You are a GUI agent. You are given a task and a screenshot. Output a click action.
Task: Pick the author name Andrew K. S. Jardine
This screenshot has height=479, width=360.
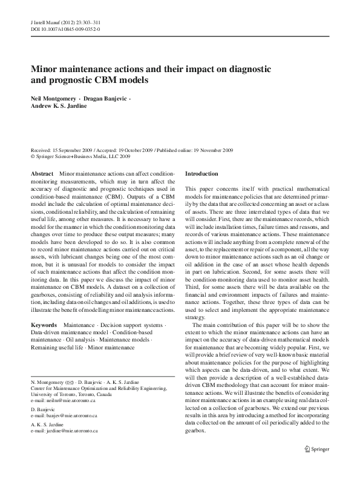point(59,105)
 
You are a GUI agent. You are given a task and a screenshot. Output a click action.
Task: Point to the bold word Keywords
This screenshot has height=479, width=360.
point(45,325)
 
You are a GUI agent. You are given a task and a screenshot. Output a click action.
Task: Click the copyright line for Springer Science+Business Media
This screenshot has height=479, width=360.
point(81,156)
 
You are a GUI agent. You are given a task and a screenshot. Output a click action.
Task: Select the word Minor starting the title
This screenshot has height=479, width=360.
point(47,68)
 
